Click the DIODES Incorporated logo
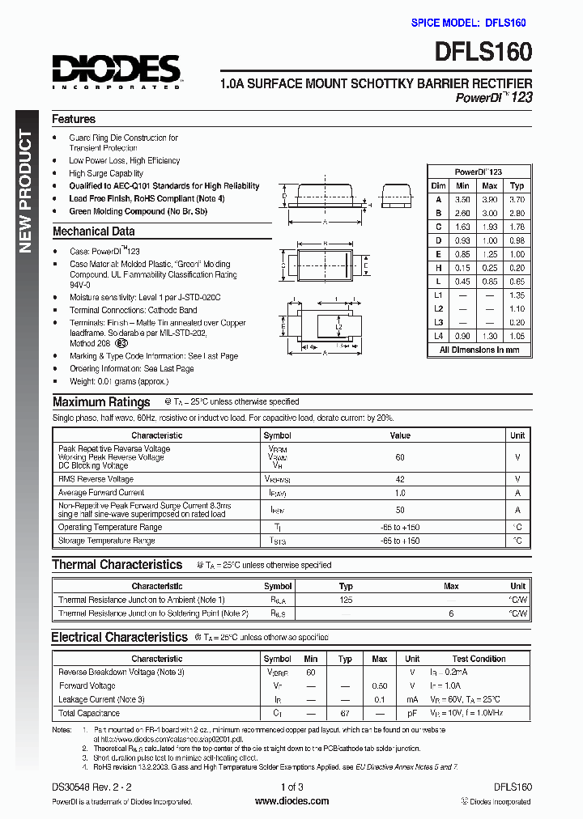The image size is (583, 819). point(117,70)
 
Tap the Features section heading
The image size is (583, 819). point(74,119)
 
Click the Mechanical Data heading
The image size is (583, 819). point(93,231)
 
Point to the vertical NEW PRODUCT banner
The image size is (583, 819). point(25,192)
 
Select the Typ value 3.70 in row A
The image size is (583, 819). point(517,198)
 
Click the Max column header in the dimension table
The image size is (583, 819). point(489,185)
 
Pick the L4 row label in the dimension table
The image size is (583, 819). point(438,335)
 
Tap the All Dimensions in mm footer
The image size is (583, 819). point(479,350)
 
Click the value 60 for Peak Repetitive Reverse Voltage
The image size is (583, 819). point(399,457)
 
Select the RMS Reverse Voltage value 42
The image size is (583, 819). point(399,479)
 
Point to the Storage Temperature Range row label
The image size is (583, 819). point(106,541)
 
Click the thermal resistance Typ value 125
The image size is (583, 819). point(346,600)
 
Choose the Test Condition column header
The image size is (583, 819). point(479,659)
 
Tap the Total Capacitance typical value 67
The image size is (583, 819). point(345,713)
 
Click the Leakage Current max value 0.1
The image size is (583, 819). point(379,699)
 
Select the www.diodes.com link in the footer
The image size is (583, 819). point(291,801)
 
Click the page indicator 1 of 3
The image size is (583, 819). point(291,787)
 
